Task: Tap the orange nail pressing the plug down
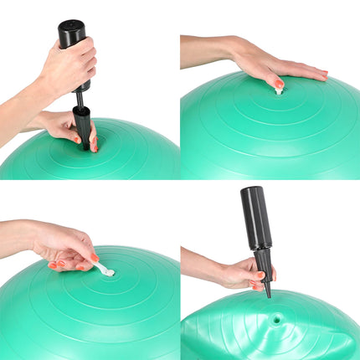tap(279, 84)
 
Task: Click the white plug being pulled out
tap(105, 269)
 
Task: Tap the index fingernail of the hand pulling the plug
tap(94, 259)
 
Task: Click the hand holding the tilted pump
tap(243, 272)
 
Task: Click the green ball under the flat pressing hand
tap(268, 134)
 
